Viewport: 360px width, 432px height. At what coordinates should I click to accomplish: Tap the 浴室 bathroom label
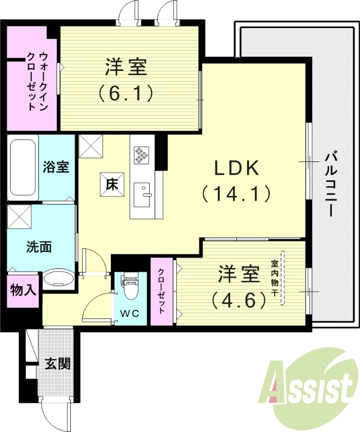point(56,167)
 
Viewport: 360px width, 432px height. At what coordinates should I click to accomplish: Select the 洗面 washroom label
point(39,247)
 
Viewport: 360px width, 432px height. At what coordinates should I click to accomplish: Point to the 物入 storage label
point(23,290)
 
